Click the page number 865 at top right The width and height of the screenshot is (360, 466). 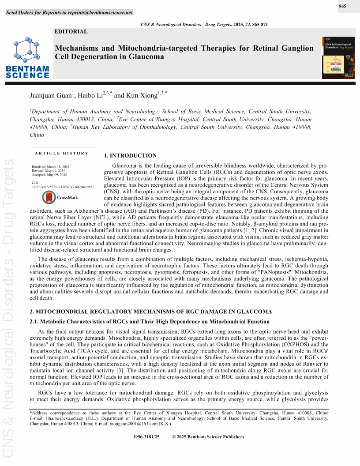pos(342,6)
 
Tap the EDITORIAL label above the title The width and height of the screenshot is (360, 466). pos(71,31)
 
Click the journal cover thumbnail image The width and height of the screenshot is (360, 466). pos(339,58)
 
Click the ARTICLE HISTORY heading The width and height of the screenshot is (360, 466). pos(62,153)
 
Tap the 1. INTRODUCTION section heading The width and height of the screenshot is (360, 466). pos(130,156)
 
